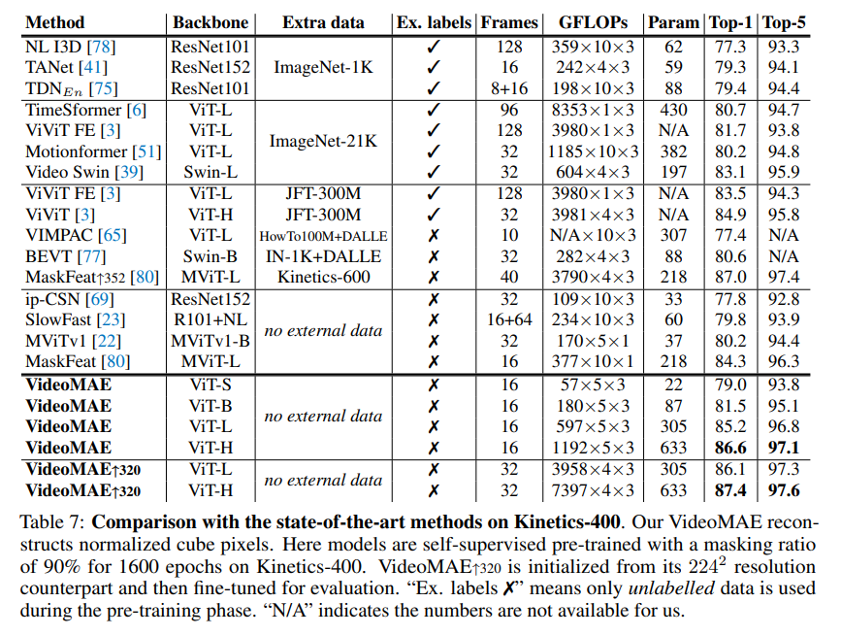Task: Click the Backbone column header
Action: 210,22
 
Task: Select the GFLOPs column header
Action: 593,22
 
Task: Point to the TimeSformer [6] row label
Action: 85,111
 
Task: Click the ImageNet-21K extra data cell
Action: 325,142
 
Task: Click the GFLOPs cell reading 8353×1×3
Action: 593,111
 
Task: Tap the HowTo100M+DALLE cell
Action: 325,236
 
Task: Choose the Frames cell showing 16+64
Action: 508,319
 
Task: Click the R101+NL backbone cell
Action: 210,319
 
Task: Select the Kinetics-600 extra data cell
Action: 325,278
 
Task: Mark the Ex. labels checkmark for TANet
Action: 434,68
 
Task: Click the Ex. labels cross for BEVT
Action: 434,257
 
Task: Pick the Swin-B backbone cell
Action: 210,257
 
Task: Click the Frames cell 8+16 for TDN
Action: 508,89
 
